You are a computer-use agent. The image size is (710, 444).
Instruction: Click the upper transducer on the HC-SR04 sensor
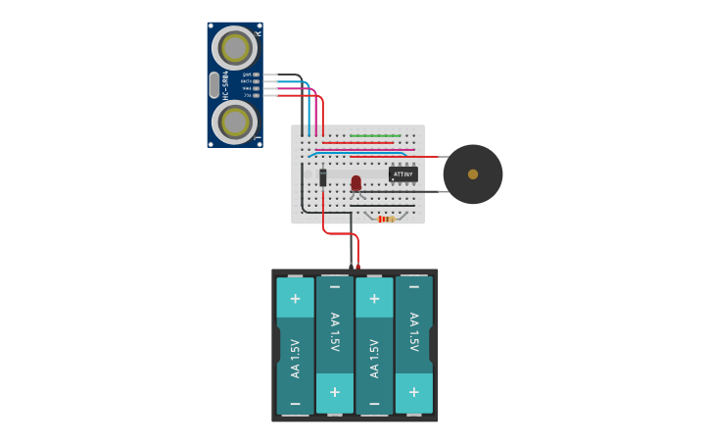click(x=235, y=47)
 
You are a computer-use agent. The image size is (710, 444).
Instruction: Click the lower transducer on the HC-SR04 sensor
click(x=235, y=122)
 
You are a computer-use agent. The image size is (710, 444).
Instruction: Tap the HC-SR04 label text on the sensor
click(x=225, y=85)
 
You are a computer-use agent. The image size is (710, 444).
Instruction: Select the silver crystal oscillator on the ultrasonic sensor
click(x=214, y=85)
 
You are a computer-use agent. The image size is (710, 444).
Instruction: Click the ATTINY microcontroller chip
click(x=402, y=173)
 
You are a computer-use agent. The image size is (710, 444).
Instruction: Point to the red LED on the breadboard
click(x=355, y=182)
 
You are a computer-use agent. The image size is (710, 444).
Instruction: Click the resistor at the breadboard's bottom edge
click(x=386, y=219)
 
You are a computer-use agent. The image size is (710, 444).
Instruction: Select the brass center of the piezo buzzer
click(x=473, y=173)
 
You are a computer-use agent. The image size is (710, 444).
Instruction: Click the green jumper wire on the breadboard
click(x=374, y=135)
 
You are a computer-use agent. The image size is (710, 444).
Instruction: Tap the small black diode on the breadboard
click(x=322, y=176)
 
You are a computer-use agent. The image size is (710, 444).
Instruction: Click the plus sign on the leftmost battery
click(x=295, y=298)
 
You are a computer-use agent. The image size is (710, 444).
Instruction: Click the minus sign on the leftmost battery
click(x=295, y=403)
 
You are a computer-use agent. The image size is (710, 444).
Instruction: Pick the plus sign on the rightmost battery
click(x=413, y=391)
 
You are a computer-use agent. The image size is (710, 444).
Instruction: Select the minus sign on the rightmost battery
click(x=413, y=287)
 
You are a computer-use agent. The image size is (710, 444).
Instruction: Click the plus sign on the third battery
click(x=373, y=298)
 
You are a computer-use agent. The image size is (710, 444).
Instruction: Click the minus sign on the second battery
click(x=334, y=287)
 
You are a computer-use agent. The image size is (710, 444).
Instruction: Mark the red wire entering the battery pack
click(x=357, y=257)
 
